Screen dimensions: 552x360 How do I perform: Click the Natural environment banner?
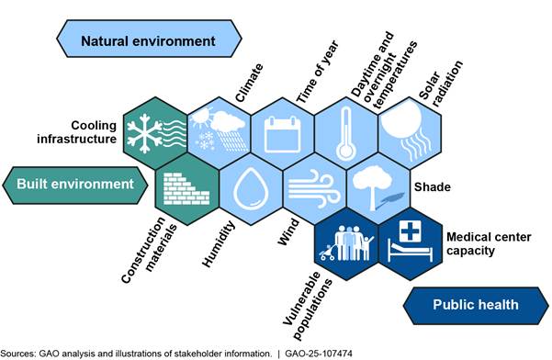tap(149, 39)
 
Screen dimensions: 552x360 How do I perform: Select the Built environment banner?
tap(75, 186)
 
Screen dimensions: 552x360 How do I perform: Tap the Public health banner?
tap(476, 306)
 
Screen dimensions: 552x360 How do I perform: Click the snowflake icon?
tap(144, 134)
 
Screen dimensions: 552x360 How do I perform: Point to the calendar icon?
tap(283, 134)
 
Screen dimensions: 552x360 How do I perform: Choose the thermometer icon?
tap(345, 134)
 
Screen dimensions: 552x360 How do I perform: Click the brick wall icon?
tap(186, 189)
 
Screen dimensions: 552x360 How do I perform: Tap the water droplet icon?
tap(251, 189)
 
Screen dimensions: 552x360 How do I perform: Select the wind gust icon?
tap(314, 189)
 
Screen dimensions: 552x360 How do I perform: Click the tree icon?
tap(372, 186)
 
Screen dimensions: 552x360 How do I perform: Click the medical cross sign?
tap(411, 231)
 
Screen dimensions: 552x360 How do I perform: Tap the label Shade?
tap(433, 186)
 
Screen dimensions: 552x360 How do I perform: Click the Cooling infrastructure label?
tap(76, 132)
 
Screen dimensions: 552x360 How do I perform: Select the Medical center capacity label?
tap(489, 244)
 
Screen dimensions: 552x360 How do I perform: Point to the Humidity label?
tap(219, 244)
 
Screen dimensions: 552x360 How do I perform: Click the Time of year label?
tap(317, 73)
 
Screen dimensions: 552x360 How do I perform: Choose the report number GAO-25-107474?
tap(319, 354)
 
